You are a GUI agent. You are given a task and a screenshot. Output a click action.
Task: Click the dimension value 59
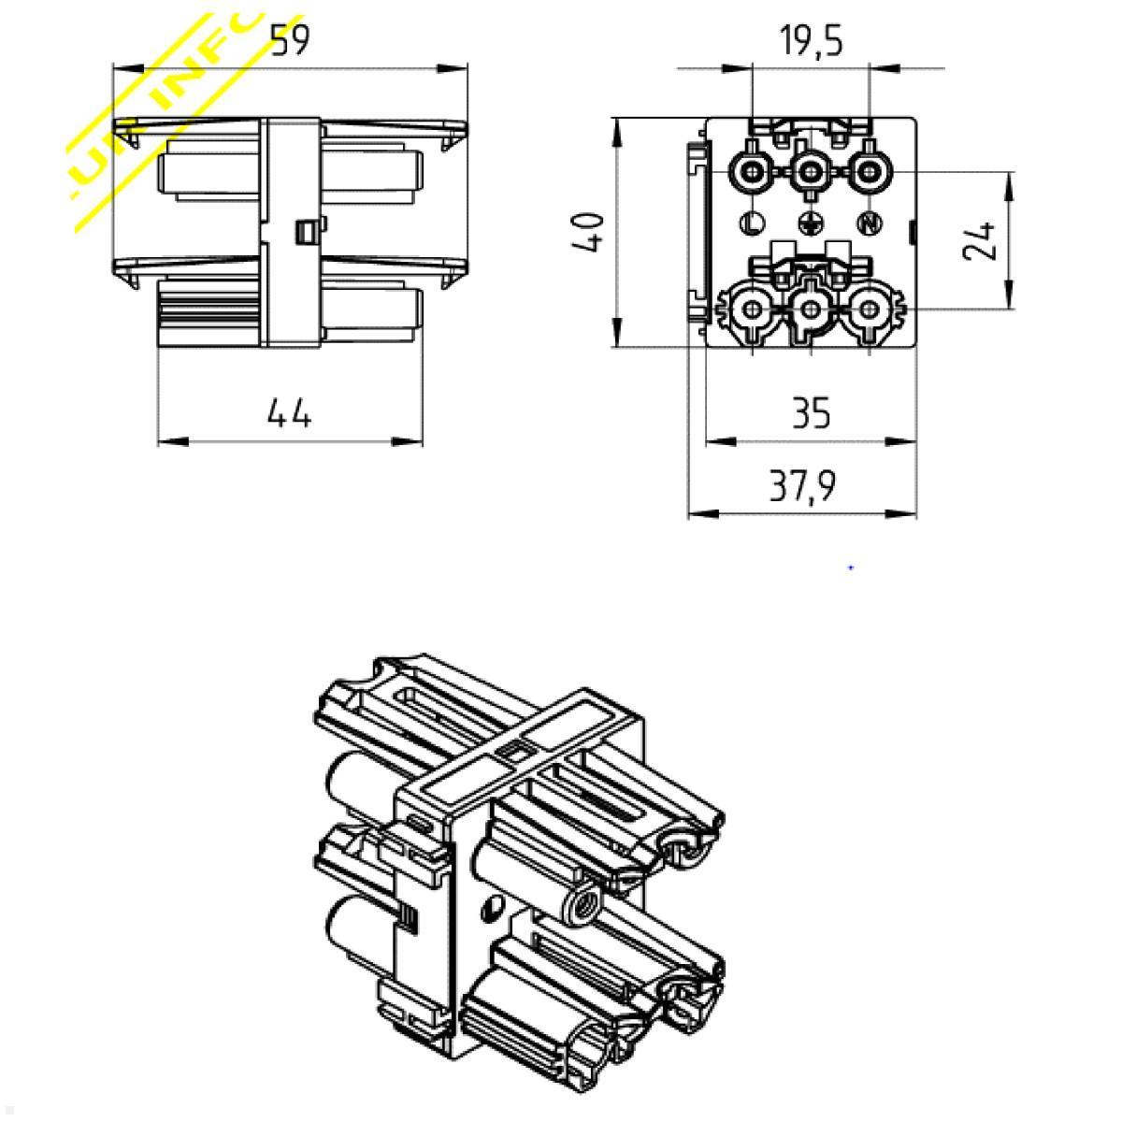[289, 41]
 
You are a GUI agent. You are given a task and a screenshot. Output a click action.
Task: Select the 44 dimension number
[289, 412]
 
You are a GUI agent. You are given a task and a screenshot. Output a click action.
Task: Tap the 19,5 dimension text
[811, 41]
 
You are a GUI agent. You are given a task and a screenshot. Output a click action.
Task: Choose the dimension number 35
[810, 412]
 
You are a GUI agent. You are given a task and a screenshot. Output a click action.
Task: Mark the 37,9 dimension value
[802, 486]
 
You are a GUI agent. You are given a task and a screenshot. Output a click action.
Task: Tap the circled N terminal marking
[870, 223]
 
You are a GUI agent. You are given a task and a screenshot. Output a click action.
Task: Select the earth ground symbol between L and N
[811, 223]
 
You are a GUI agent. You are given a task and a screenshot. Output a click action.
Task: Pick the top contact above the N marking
[870, 172]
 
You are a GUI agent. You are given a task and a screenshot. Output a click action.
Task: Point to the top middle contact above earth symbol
[811, 172]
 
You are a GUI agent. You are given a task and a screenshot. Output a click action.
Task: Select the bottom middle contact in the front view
[811, 309]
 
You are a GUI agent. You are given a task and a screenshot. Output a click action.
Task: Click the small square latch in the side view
[304, 231]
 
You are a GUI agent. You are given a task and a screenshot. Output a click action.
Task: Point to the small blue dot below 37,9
[851, 568]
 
